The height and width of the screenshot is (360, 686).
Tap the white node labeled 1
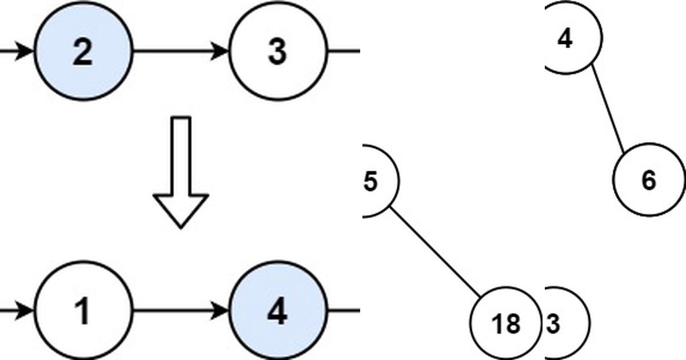pos(83,311)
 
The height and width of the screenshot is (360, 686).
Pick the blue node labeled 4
pos(278,311)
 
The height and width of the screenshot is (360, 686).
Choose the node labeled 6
pos(649,181)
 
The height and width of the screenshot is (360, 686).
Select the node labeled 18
pos(505,323)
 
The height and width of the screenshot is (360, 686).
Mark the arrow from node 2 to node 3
pos(177,51)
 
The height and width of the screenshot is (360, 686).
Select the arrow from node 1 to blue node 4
pos(177,311)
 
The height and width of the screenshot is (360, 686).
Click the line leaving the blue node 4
pos(343,311)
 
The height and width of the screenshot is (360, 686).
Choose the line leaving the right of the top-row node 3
pos(343,51)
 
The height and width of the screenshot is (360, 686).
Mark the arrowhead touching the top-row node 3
pos(222,51)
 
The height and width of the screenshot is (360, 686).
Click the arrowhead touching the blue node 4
pos(222,311)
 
